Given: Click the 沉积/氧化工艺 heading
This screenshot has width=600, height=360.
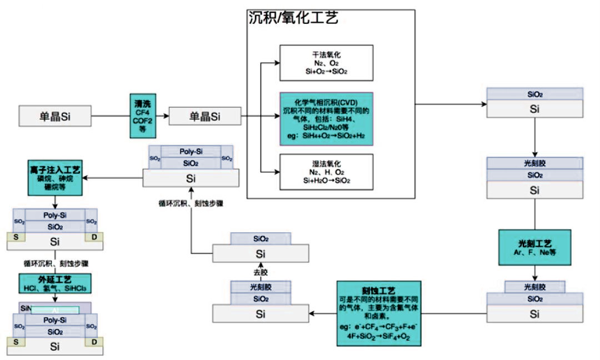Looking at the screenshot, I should click(x=293, y=18).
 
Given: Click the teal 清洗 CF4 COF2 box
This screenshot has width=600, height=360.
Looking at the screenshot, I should click(x=142, y=116).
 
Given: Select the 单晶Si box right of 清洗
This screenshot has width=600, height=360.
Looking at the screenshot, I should click(x=204, y=116).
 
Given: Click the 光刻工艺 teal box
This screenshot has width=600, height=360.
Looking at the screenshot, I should click(x=534, y=247).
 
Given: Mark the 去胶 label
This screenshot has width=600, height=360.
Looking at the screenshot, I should click(x=261, y=272).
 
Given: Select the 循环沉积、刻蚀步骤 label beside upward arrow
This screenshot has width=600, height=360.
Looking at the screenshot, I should click(x=192, y=203).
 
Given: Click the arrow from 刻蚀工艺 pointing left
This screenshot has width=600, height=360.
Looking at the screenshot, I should click(x=322, y=314).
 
